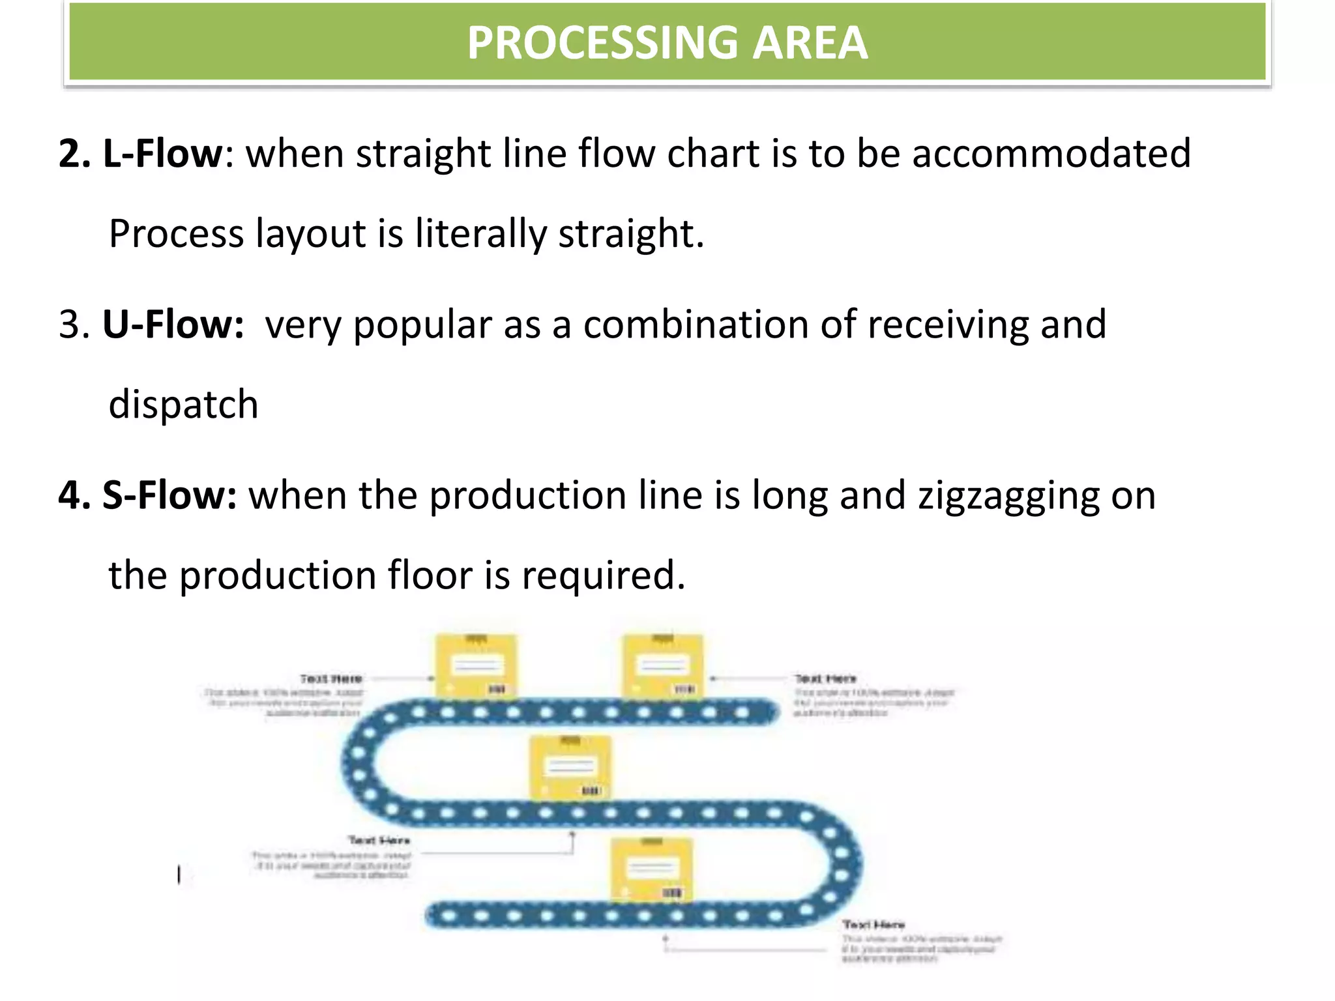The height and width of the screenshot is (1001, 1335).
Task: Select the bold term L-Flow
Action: pyautogui.click(x=162, y=154)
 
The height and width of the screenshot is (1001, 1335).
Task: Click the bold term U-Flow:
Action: pyautogui.click(x=173, y=325)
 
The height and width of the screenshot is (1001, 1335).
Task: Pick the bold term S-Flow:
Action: pyautogui.click(x=169, y=495)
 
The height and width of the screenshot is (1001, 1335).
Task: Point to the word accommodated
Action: pyautogui.click(x=1051, y=154)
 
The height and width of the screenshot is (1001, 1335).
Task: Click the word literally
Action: pyautogui.click(x=480, y=235)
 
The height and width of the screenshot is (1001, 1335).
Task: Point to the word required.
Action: pyautogui.click(x=603, y=576)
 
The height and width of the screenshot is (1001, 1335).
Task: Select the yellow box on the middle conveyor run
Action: pyautogui.click(x=570, y=768)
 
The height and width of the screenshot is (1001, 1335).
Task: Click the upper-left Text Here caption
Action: pyautogui.click(x=330, y=679)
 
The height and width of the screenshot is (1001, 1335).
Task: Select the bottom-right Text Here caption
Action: pyautogui.click(x=873, y=925)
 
